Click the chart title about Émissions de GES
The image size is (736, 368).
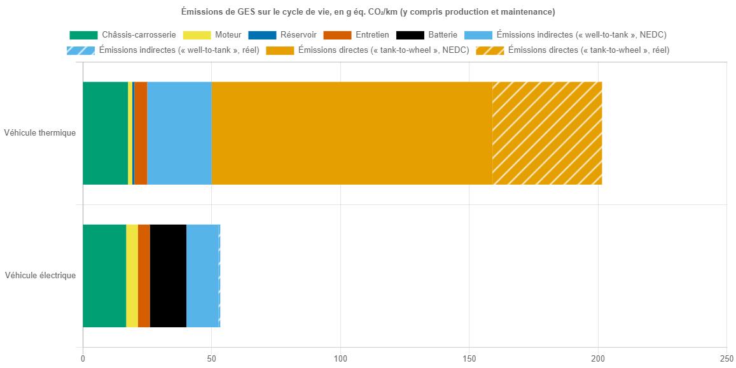click(x=368, y=12)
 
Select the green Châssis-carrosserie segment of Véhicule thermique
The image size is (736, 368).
click(x=105, y=133)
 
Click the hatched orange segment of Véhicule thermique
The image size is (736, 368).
click(x=547, y=133)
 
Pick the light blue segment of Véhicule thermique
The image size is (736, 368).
click(x=179, y=133)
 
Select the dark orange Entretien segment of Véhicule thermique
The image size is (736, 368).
click(x=141, y=133)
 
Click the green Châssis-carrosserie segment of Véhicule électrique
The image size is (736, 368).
click(x=104, y=276)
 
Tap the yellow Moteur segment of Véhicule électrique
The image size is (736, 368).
click(x=132, y=276)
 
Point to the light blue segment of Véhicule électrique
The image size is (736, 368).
click(x=202, y=276)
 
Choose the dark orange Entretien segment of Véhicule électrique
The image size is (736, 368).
click(x=144, y=276)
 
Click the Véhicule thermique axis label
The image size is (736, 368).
click(x=39, y=133)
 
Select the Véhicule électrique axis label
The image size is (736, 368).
click(x=40, y=276)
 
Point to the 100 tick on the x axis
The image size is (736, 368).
click(x=340, y=359)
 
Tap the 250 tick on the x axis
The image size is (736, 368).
click(x=727, y=359)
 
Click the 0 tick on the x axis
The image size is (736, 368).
click(x=83, y=359)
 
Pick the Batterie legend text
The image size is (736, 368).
click(x=442, y=34)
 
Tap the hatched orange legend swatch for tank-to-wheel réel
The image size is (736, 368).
click(x=490, y=50)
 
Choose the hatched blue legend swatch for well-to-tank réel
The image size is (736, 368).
click(x=81, y=50)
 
